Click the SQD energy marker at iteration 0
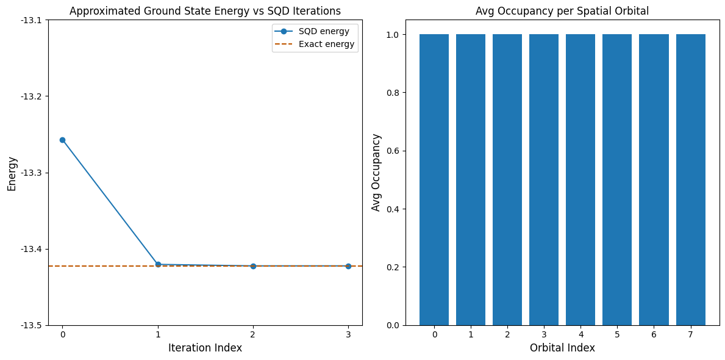click(62, 140)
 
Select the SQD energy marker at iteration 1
click(158, 264)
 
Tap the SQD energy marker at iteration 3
click(348, 266)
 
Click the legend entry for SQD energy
click(320, 31)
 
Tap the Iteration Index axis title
click(205, 348)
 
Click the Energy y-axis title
click(13, 173)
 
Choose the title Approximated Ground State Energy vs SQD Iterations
click(205, 11)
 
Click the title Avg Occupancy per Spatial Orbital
click(562, 11)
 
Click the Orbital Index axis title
click(562, 348)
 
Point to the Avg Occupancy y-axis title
click(376, 173)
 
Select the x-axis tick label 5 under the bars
click(617, 334)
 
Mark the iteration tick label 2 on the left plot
click(253, 334)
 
